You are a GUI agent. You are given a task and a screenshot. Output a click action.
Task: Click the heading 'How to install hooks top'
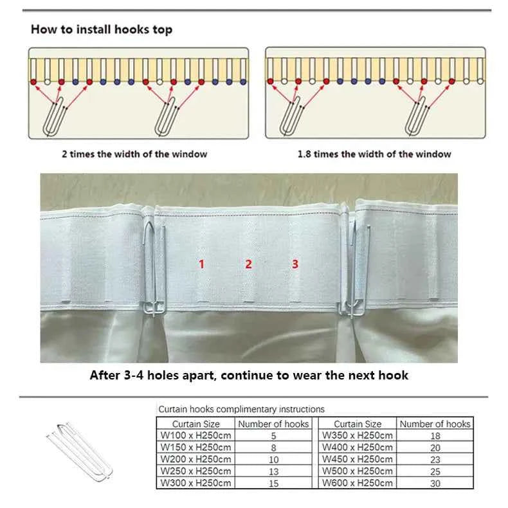(x=101, y=30)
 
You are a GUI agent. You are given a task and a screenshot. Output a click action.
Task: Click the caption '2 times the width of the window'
(x=134, y=154)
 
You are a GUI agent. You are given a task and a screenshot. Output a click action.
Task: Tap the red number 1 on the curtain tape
(x=201, y=264)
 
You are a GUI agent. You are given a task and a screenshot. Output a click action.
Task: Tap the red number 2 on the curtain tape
(x=249, y=264)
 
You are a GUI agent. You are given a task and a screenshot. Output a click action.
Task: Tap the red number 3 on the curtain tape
(x=295, y=264)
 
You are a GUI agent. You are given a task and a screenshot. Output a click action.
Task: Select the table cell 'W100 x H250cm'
(x=195, y=436)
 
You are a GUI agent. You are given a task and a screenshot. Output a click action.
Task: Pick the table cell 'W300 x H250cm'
(x=195, y=483)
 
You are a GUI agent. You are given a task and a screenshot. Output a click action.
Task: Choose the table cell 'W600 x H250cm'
(x=357, y=483)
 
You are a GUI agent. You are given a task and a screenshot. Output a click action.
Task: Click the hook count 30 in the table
(x=435, y=483)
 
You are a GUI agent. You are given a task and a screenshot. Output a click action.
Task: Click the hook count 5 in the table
(x=273, y=436)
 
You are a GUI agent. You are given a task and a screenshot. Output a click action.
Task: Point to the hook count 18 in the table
(x=435, y=436)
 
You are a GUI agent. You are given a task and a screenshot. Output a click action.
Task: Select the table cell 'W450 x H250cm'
(x=357, y=459)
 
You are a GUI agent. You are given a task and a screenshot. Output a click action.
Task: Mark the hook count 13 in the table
(x=273, y=471)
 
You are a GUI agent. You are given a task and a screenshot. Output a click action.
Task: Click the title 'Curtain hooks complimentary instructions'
(x=241, y=409)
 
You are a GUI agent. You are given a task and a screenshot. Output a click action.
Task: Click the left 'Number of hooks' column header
(x=273, y=424)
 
